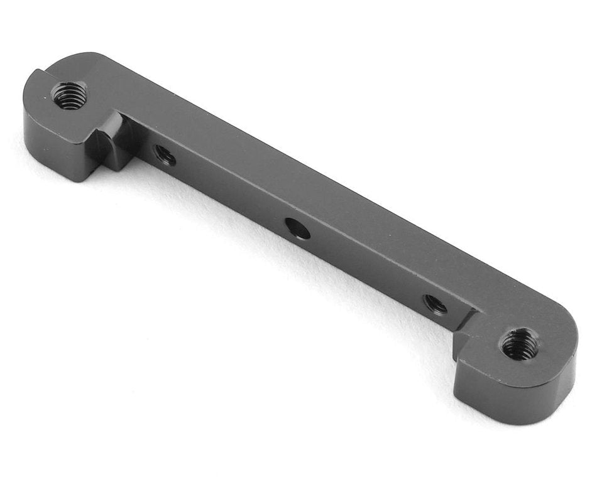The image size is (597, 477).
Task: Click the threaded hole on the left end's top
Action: click(x=68, y=96)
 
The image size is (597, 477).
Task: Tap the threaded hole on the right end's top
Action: click(x=520, y=344)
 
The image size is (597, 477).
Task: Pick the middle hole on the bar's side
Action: click(x=297, y=228)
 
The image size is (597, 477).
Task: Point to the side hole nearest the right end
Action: click(x=435, y=304)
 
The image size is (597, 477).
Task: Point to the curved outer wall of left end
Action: click(x=28, y=119)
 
